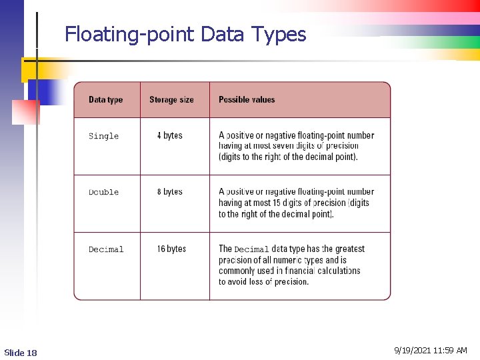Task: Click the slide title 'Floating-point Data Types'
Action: pos(185,34)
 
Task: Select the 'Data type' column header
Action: pos(105,100)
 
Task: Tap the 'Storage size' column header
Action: pos(171,100)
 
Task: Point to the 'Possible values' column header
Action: pos(247,100)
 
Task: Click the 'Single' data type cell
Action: pos(103,136)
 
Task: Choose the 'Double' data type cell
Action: pos(103,192)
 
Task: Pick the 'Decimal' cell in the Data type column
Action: pos(106,249)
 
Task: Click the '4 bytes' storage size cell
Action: pos(169,135)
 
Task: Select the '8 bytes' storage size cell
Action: pos(169,191)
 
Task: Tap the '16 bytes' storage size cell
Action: pos(171,249)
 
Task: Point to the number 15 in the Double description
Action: pos(279,203)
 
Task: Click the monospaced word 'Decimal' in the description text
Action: pos(251,249)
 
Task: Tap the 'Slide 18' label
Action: pos(21,352)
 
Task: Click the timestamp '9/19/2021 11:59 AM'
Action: pos(431,350)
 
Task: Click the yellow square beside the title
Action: pos(31,69)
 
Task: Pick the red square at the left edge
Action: pos(26,112)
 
